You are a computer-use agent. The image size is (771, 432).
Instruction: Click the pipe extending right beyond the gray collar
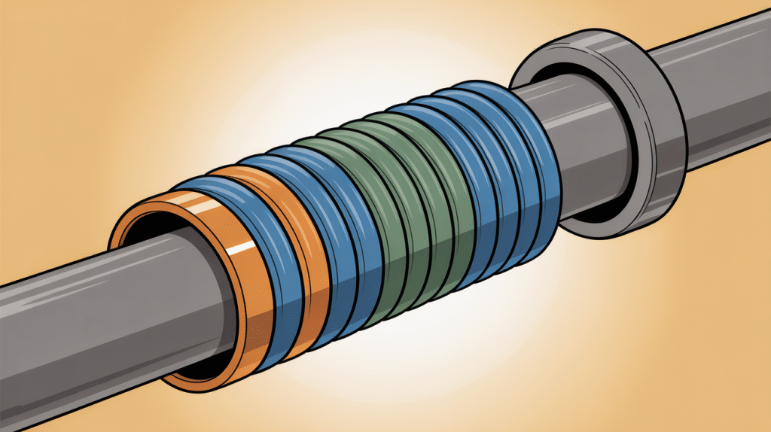click(x=723, y=90)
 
